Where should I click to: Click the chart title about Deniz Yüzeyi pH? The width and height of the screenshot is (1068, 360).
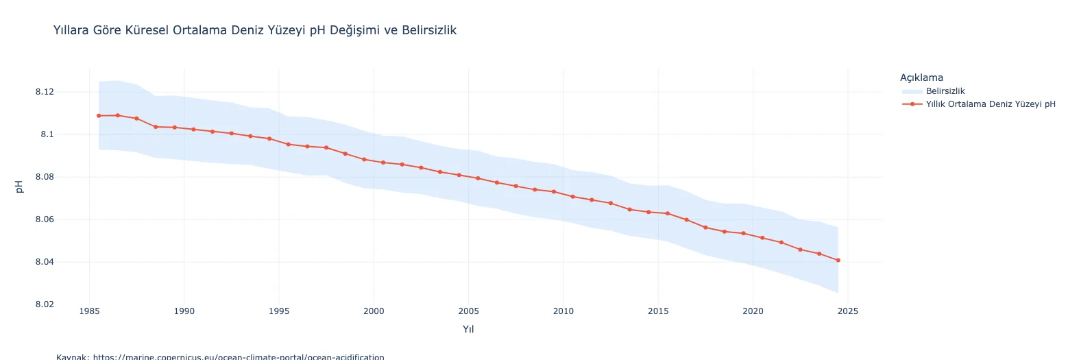point(254,30)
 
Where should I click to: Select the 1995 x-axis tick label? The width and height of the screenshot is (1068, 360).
point(279,311)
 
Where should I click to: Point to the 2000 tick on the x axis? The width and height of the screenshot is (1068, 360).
point(374,311)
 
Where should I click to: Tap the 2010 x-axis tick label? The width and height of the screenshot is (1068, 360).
point(563,311)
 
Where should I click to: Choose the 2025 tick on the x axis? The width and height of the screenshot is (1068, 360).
point(848,311)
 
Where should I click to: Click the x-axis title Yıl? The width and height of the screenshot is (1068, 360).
point(468,329)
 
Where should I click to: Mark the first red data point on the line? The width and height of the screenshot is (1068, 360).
point(99,116)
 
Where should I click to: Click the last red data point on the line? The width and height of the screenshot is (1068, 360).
point(838,260)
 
